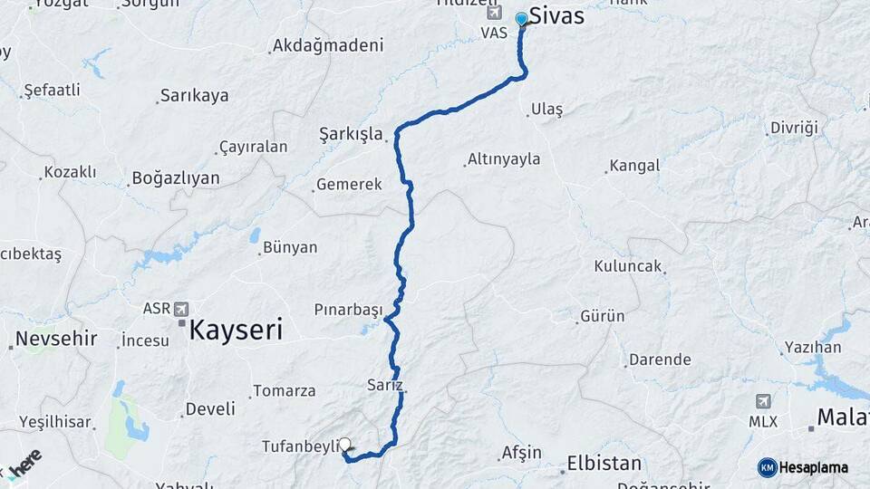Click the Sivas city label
pyautogui.click(x=556, y=16)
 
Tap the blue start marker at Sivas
pyautogui.click(x=522, y=19)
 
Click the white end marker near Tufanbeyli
pyautogui.click(x=344, y=445)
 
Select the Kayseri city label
pyautogui.click(x=236, y=329)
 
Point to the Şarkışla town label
pyautogui.click(x=351, y=133)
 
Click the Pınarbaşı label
pyautogui.click(x=348, y=309)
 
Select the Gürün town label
pyautogui.click(x=603, y=316)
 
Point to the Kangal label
pyautogui.click(x=634, y=166)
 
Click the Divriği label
pyautogui.click(x=794, y=128)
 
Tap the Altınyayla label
pyautogui.click(x=504, y=159)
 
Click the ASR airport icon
pyautogui.click(x=181, y=309)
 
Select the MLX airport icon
pyautogui.click(x=763, y=400)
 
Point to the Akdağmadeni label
pyautogui.click(x=328, y=44)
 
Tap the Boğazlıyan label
pyautogui.click(x=176, y=177)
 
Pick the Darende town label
pyautogui.click(x=660, y=360)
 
